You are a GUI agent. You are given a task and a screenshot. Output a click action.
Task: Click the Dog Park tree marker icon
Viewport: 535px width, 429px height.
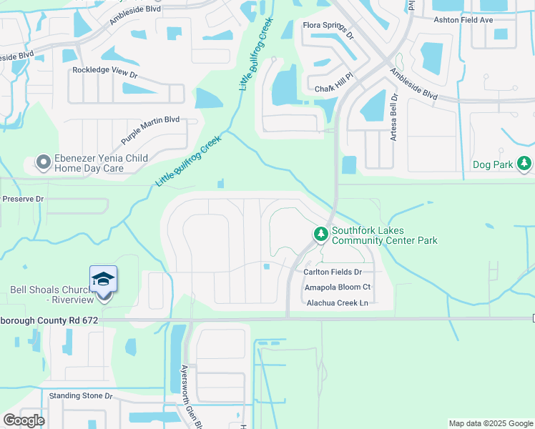[x=525, y=164]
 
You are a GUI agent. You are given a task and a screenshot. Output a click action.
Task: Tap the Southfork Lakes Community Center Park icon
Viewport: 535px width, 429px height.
[x=321, y=234]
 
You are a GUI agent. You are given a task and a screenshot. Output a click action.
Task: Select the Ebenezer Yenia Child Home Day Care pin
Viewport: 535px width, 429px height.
[x=44, y=163]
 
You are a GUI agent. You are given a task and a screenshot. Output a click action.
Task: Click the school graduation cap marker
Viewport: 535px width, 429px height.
[x=104, y=280]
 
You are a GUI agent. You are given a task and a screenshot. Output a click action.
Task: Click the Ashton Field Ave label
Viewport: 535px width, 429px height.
[x=463, y=20]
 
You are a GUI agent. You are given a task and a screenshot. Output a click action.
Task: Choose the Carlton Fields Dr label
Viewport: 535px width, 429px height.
[x=333, y=272]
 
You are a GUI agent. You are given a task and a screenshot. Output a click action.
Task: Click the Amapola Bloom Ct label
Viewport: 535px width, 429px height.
[x=338, y=287]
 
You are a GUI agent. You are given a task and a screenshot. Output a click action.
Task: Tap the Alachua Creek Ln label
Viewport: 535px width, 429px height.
[x=337, y=303]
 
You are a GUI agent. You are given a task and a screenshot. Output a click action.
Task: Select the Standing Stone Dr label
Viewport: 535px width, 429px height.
[x=81, y=395]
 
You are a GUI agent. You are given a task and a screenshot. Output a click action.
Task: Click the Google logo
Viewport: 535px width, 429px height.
[x=24, y=420]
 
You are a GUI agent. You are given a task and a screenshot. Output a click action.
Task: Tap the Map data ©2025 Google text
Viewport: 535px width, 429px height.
[x=491, y=423]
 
